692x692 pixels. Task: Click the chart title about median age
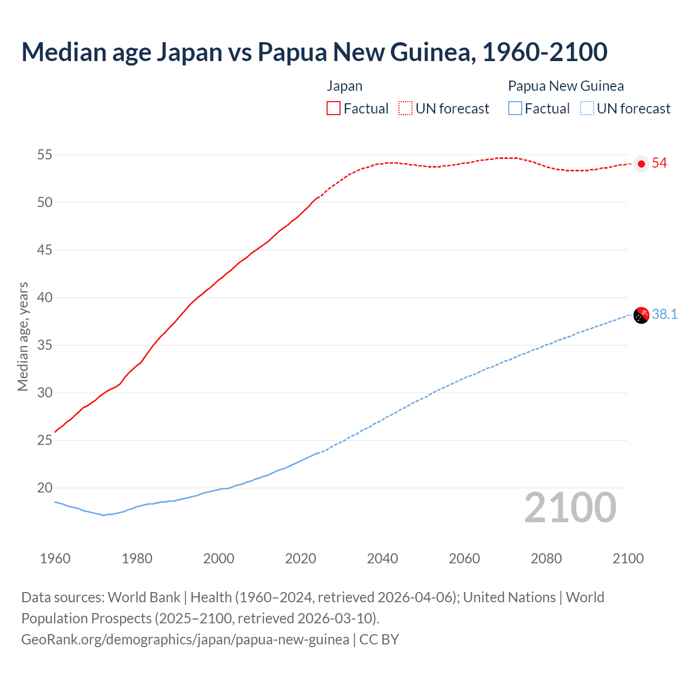pyautogui.click(x=314, y=52)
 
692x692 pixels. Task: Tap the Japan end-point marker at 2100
pyautogui.click(x=641, y=164)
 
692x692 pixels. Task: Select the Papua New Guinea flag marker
pyautogui.click(x=641, y=315)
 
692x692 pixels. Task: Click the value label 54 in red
pyautogui.click(x=659, y=163)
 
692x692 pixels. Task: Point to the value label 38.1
pyautogui.click(x=664, y=315)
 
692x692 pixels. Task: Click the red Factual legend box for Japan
pyautogui.click(x=334, y=109)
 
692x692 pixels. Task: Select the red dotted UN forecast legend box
pyautogui.click(x=405, y=109)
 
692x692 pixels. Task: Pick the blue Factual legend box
pyautogui.click(x=515, y=109)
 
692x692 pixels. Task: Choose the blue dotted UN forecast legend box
pyautogui.click(x=587, y=109)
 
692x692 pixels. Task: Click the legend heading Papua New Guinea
pyautogui.click(x=565, y=86)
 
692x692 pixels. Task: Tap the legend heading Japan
pyautogui.click(x=344, y=86)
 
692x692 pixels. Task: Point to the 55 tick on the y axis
pyautogui.click(x=45, y=155)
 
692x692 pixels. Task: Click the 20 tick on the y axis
pyautogui.click(x=45, y=488)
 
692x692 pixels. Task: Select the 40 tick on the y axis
pyautogui.click(x=45, y=298)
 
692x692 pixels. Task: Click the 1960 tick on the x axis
pyautogui.click(x=55, y=558)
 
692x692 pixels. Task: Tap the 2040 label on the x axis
pyautogui.click(x=382, y=558)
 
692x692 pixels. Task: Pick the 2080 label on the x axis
pyautogui.click(x=546, y=558)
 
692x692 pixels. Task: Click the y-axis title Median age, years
pyautogui.click(x=23, y=336)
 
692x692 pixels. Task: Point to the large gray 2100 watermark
pyautogui.click(x=570, y=508)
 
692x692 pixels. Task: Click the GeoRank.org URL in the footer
pyautogui.click(x=185, y=640)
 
